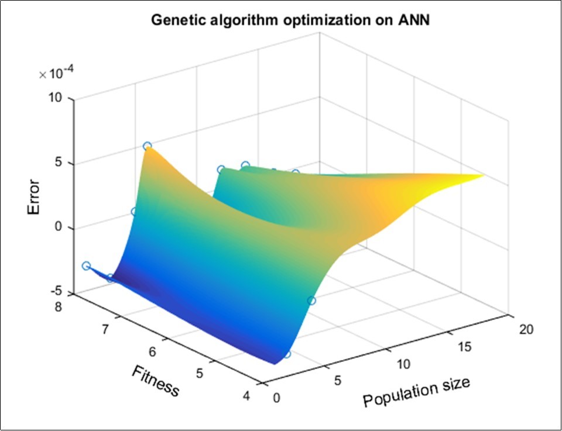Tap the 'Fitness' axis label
click(x=155, y=380)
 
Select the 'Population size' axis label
click(x=416, y=391)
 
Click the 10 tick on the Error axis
click(x=56, y=98)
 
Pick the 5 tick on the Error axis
click(x=59, y=163)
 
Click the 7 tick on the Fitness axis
click(x=106, y=330)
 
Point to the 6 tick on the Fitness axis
click(x=152, y=352)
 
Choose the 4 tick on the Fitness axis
click(x=246, y=396)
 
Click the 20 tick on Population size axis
click(x=526, y=330)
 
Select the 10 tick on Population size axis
click(x=403, y=364)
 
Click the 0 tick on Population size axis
click(x=276, y=398)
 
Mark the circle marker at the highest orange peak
click(x=147, y=146)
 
